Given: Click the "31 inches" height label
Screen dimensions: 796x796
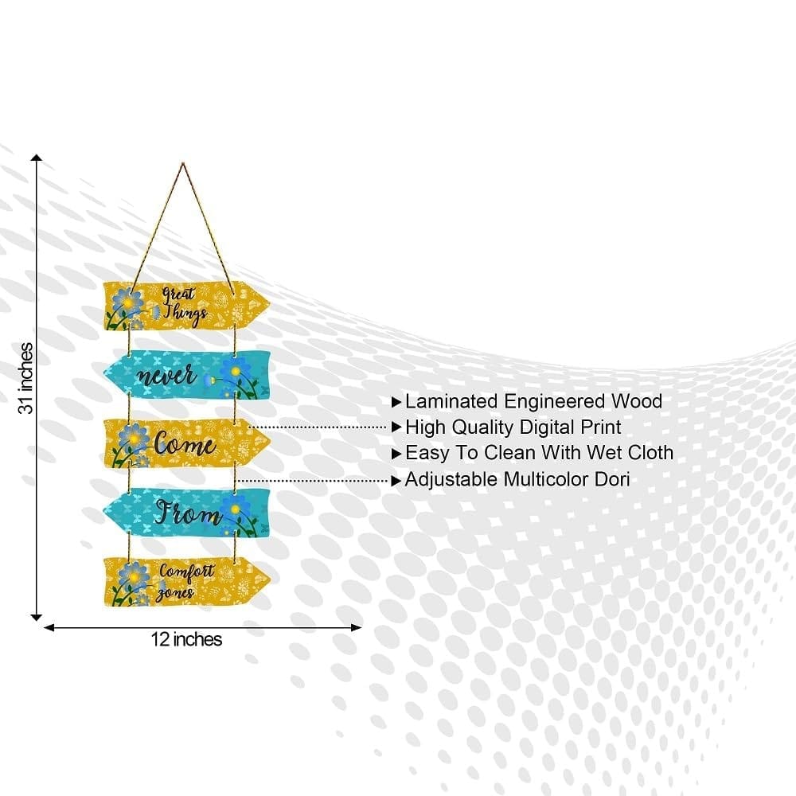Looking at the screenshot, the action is coord(26,378).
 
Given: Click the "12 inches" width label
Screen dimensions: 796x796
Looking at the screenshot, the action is coord(186,639).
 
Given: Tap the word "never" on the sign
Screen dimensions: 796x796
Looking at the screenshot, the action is coord(167,376).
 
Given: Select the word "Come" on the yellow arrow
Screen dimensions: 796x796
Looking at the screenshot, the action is coord(185,443).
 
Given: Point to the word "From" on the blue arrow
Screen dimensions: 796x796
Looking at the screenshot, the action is coord(189,512).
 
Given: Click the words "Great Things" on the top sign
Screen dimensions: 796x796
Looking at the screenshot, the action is coord(185,304).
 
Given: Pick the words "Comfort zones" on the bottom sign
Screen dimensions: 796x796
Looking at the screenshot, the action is coord(185,582).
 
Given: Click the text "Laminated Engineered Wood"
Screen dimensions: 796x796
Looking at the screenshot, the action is coord(533,401).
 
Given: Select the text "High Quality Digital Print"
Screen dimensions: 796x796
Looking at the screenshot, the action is coord(513,427).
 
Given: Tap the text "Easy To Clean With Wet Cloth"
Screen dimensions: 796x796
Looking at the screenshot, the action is coord(539,453).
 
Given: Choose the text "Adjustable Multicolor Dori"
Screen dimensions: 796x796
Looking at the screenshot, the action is coord(517,479).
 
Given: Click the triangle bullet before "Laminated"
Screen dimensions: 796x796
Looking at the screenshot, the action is coord(396,403).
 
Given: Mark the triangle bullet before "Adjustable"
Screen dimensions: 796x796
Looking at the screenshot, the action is coord(396,480).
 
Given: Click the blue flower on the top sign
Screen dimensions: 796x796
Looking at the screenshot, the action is coord(128,302).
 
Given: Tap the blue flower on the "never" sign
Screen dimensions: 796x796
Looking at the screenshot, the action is coord(234,372).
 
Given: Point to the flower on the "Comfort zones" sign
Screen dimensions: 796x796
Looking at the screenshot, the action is coord(132,577).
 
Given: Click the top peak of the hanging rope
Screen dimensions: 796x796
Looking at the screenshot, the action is coord(183,163).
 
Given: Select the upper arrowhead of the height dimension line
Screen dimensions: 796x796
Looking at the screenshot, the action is coord(36,158).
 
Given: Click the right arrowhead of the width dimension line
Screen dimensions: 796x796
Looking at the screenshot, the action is coord(357,628).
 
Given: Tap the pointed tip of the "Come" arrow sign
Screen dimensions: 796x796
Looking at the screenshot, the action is coord(270,442).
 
